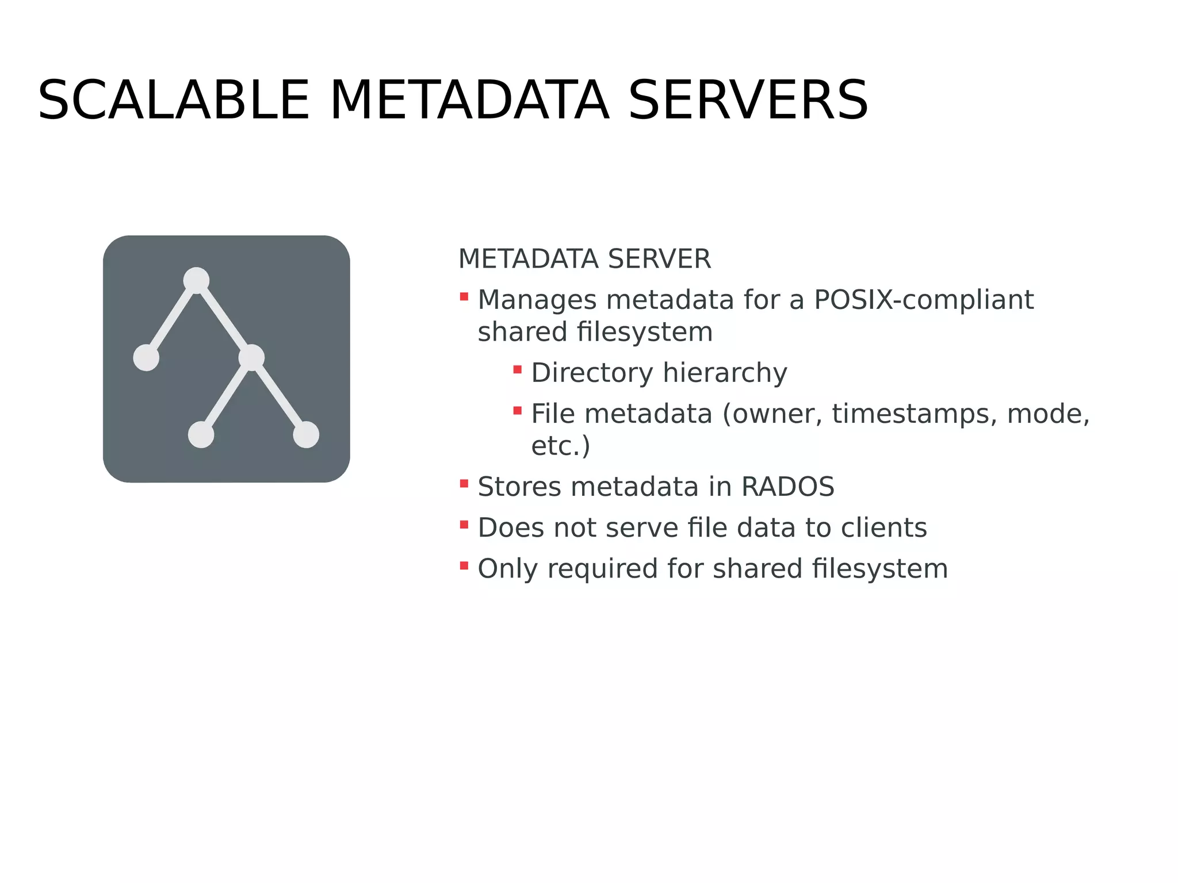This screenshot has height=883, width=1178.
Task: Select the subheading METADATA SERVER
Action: (x=584, y=259)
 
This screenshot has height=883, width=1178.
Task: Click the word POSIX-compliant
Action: (x=924, y=300)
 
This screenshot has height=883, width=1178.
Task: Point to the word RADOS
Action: (x=787, y=487)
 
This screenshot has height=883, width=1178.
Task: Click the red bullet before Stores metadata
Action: (x=464, y=483)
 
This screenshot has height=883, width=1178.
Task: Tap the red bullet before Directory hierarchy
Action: (x=518, y=369)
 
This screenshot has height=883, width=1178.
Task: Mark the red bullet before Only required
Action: (x=464, y=565)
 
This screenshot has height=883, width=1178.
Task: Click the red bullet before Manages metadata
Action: (x=464, y=296)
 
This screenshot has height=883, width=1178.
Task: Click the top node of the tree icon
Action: (x=196, y=280)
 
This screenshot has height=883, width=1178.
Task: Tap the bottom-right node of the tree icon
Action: (x=306, y=434)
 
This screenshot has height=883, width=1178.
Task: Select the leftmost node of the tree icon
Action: (x=146, y=358)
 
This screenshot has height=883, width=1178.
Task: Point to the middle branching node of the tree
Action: (x=251, y=357)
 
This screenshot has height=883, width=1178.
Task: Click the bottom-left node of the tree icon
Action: (x=201, y=434)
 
